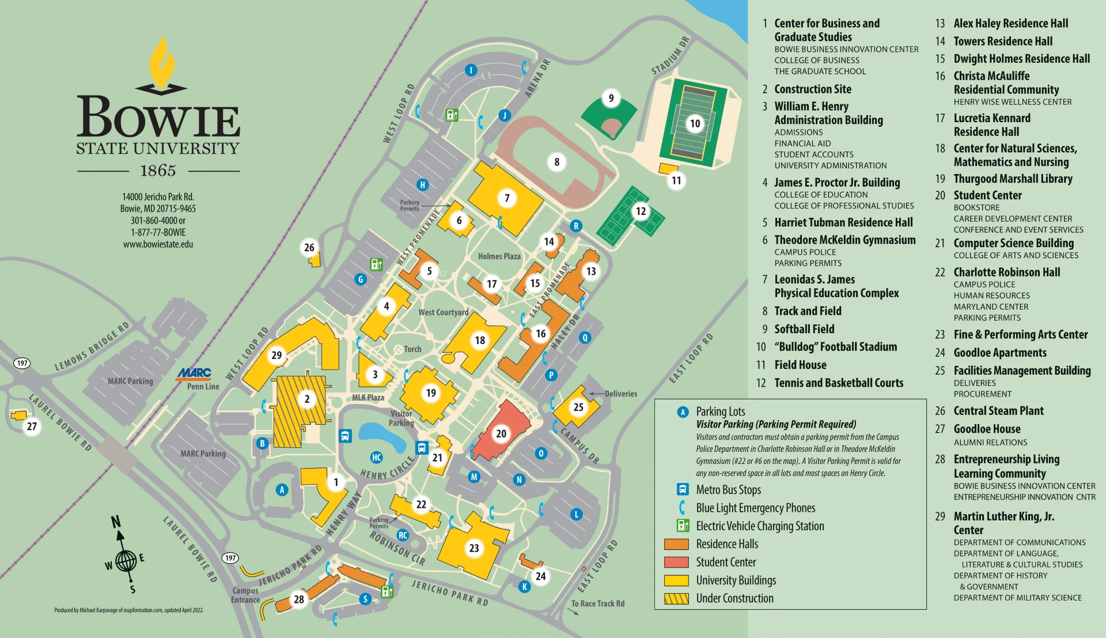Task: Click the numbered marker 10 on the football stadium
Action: [695, 123]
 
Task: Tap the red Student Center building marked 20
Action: [501, 433]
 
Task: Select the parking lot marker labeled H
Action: [422, 184]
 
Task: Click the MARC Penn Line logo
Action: [194, 373]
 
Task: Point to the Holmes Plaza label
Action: [499, 256]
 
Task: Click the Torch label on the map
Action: [412, 349]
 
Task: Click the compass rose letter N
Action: [116, 522]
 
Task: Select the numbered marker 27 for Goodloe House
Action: [32, 426]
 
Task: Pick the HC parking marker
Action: [376, 457]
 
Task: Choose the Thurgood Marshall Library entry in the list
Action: [1013, 179]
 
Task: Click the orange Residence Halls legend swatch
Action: [676, 544]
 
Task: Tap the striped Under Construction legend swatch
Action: [676, 598]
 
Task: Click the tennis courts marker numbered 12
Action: [641, 211]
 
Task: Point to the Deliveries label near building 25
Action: [620, 394]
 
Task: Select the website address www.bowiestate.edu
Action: [158, 244]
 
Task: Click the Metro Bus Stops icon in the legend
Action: [683, 489]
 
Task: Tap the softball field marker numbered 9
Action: [611, 98]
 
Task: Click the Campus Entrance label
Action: [245, 595]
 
